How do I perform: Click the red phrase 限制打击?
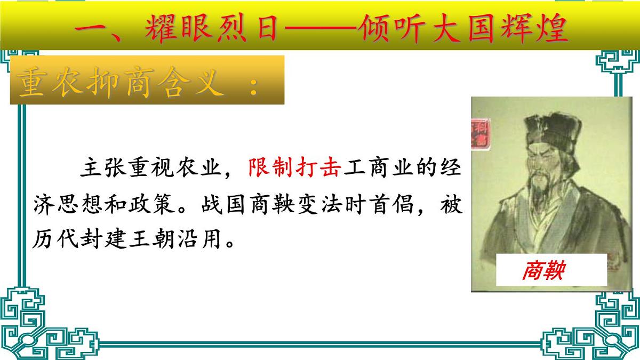click(295, 169)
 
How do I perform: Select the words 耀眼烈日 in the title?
click(211, 30)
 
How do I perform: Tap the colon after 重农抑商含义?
click(253, 85)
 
